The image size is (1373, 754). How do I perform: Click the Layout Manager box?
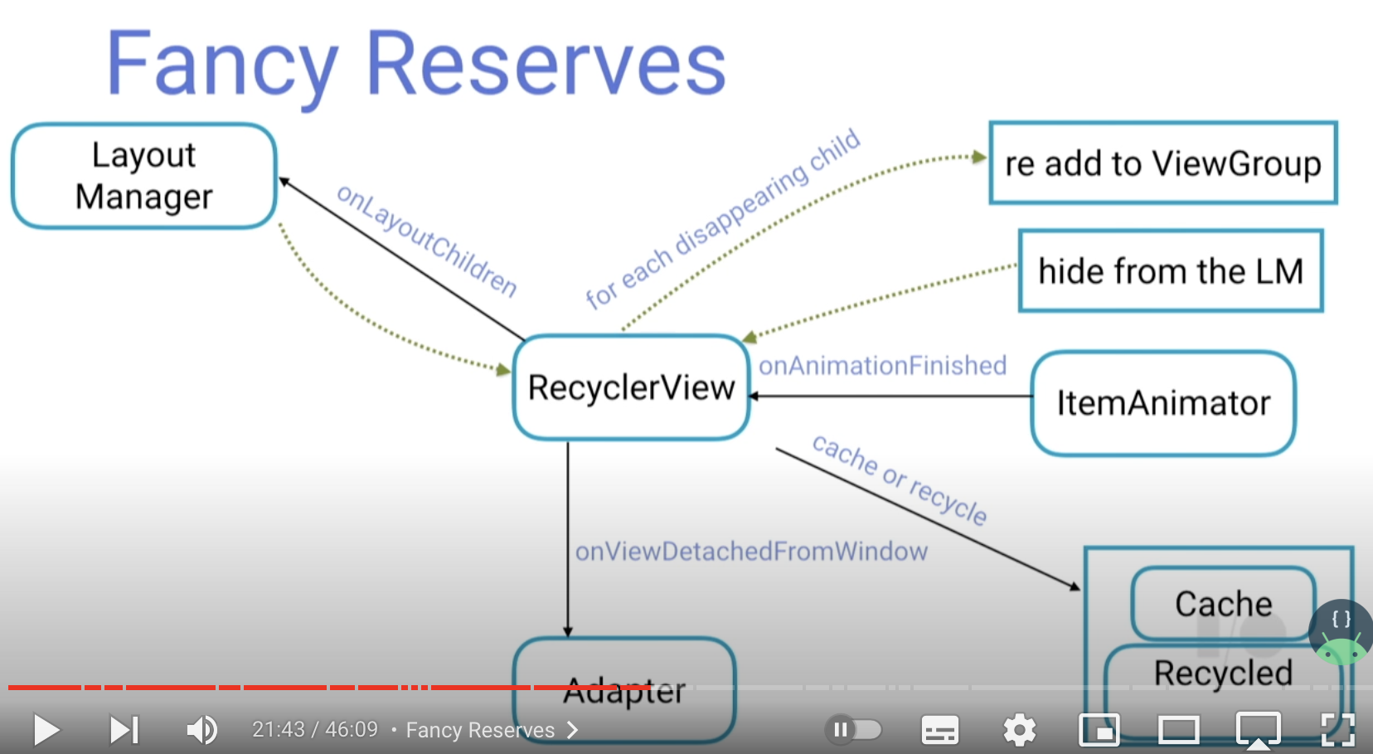click(x=143, y=176)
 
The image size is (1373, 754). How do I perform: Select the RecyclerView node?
click(x=631, y=387)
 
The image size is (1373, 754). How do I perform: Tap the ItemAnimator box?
click(x=1162, y=403)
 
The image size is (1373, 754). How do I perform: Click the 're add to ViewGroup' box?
click(x=1162, y=163)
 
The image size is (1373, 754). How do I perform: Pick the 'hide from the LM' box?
click(x=1170, y=271)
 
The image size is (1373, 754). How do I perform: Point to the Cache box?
click(x=1223, y=603)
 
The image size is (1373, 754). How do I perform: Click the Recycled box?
click(x=1223, y=673)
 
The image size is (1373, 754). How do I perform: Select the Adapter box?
click(x=623, y=690)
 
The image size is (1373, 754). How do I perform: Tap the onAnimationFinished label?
click(x=882, y=366)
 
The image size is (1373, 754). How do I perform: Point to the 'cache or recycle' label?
click(x=900, y=479)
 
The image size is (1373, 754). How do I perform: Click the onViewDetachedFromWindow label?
click(x=751, y=552)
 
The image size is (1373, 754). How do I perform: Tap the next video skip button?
click(x=124, y=730)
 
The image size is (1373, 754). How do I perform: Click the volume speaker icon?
click(x=201, y=730)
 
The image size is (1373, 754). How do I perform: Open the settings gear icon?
click(x=1019, y=730)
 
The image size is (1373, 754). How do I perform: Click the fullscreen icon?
click(x=1337, y=730)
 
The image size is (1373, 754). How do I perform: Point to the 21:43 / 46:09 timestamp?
click(x=315, y=730)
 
